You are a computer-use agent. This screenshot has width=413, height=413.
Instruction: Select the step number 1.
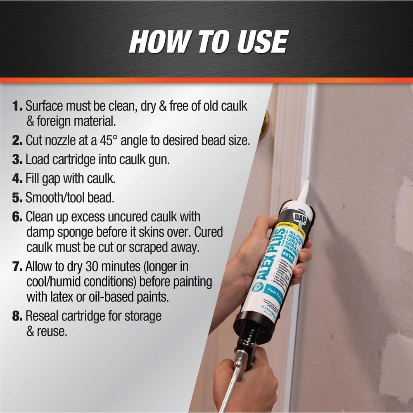pyautogui.click(x=17, y=106)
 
